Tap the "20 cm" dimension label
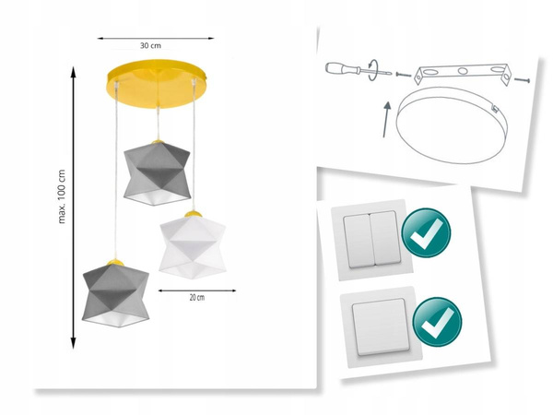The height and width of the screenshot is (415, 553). click(x=194, y=297)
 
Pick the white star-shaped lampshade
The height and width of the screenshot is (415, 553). click(x=193, y=243)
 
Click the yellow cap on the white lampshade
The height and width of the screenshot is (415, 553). click(x=193, y=215)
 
